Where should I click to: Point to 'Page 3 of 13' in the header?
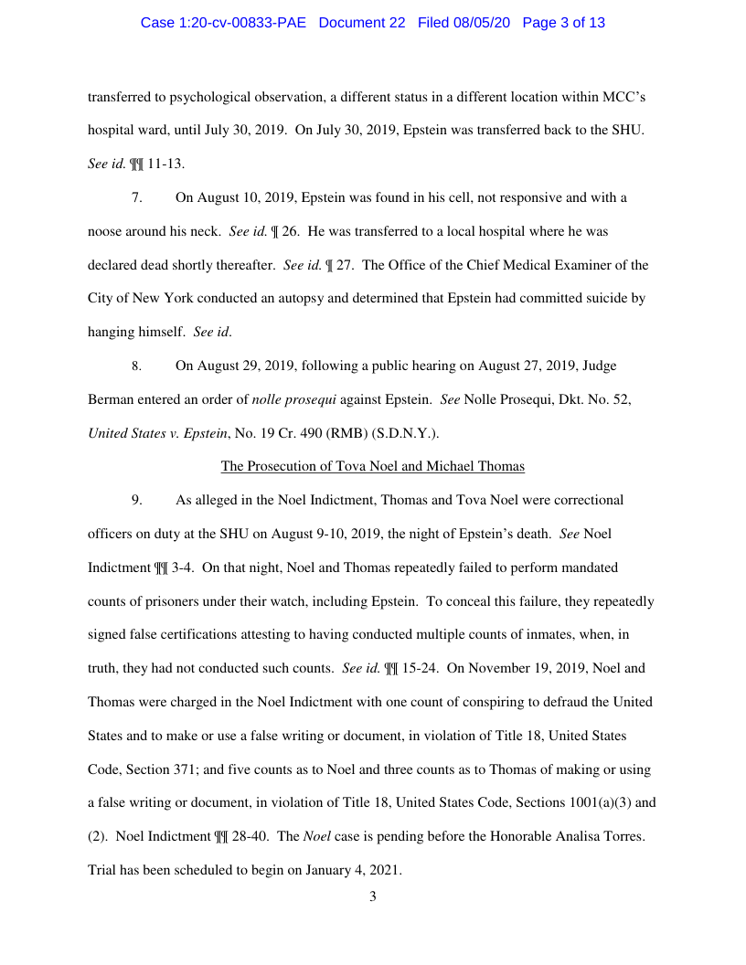(563, 23)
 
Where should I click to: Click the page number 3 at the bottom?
(372, 896)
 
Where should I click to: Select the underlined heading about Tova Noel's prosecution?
(372, 466)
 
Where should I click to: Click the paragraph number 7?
(136, 197)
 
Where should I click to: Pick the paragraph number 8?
(136, 366)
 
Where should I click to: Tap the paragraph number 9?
(136, 500)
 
